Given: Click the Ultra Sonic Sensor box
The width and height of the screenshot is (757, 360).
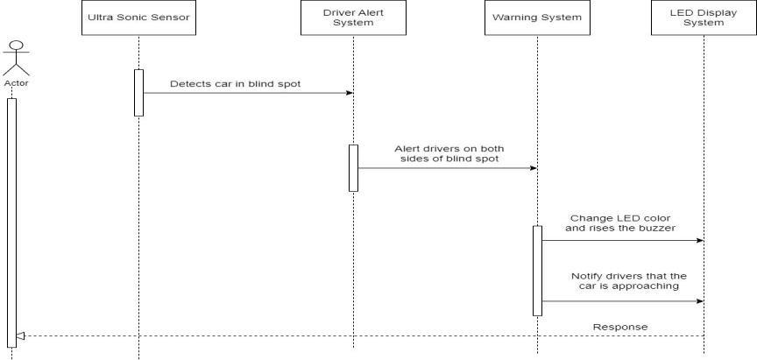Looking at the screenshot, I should pos(139,18).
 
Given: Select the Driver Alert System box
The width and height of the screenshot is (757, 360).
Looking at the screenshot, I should pos(353,18).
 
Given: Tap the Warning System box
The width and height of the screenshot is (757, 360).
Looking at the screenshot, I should pos(537,18).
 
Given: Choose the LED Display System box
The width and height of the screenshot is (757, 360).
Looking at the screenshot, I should pos(704,18).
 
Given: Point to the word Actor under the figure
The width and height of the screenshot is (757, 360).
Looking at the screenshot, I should pos(16,83).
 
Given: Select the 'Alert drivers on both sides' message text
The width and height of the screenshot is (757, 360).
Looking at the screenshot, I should pos(449,154).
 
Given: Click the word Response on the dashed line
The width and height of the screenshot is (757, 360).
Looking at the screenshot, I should pos(620,327).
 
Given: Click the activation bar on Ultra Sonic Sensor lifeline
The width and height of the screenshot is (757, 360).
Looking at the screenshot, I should pos(138,92).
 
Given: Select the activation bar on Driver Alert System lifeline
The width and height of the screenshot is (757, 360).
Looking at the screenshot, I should pos(353,167).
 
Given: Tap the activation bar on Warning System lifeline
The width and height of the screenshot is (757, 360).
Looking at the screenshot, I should pos(537,270).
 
